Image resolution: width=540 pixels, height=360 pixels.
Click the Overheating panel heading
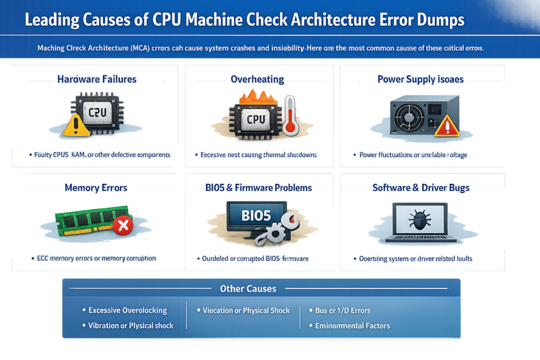[257, 80]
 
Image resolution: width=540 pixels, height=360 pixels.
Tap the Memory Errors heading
[97, 188]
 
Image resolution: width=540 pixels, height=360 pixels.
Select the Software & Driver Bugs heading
[421, 188]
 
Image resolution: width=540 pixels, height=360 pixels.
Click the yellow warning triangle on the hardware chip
[74, 125]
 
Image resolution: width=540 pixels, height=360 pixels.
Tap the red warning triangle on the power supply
[444, 126]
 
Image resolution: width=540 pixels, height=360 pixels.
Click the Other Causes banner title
[247, 289]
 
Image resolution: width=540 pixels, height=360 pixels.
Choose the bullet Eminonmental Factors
[352, 326]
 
